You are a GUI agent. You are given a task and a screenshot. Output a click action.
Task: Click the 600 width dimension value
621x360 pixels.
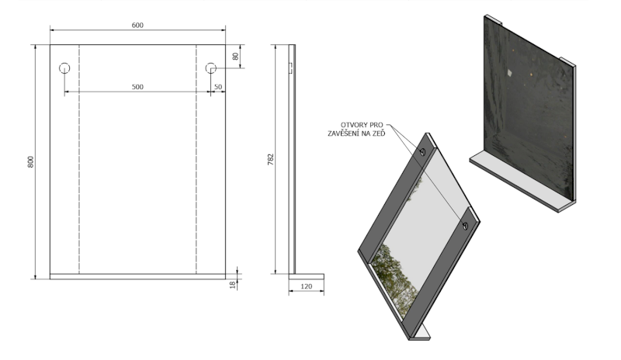137,26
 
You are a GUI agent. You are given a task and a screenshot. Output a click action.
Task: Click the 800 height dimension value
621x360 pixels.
30,162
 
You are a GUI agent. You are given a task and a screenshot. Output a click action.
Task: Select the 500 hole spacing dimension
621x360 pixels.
137,87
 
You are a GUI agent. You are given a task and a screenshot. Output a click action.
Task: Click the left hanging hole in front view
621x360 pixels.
64,68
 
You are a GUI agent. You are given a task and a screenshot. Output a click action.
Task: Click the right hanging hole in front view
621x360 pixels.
210,68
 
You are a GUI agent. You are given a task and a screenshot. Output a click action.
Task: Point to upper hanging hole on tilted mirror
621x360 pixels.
422,152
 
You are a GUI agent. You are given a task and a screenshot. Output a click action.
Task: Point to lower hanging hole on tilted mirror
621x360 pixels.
465,226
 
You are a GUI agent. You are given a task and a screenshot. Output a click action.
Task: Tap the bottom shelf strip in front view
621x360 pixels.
137,275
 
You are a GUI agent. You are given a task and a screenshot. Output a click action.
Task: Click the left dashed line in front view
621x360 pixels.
79,171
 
